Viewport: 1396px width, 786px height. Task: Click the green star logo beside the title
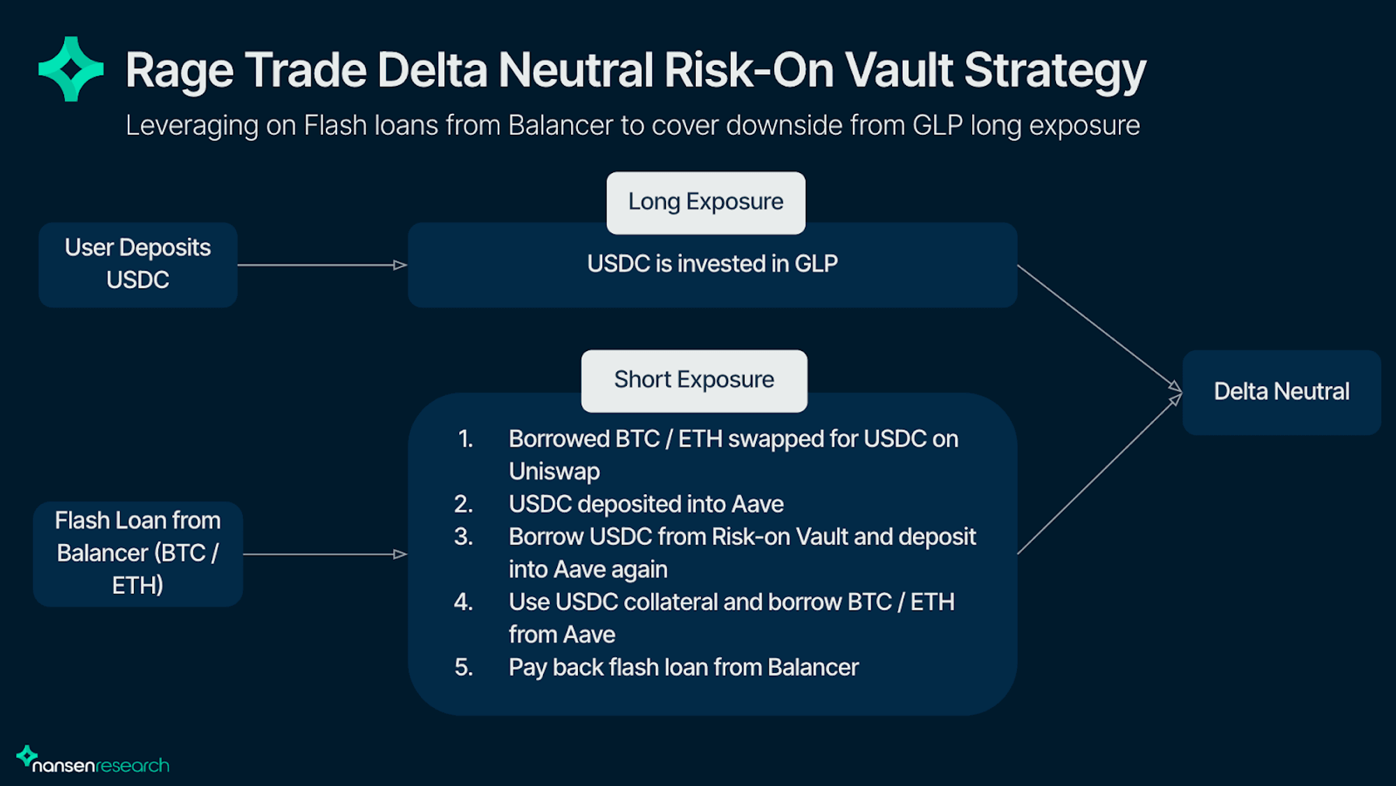coord(71,69)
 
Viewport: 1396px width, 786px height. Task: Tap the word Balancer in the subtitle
coord(560,126)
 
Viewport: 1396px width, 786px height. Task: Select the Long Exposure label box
coord(706,202)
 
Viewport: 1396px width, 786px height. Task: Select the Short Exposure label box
coord(695,380)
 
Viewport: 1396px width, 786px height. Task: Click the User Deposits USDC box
coord(138,265)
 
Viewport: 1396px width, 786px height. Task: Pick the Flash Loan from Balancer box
coord(138,554)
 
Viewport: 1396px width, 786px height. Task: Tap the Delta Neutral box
coord(1282,392)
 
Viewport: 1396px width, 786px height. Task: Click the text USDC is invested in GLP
coord(712,264)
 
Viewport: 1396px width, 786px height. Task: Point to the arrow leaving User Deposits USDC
coord(322,265)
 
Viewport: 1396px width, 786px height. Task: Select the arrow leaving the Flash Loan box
coord(325,554)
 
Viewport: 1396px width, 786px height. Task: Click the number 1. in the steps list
coord(466,439)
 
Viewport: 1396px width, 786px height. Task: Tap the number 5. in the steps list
coord(464,667)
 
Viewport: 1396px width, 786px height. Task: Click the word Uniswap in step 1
coord(554,472)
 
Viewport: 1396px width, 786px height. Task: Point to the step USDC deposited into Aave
coord(646,504)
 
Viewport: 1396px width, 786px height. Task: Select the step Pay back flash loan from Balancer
coord(684,667)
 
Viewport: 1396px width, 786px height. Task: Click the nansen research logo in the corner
coord(93,759)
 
